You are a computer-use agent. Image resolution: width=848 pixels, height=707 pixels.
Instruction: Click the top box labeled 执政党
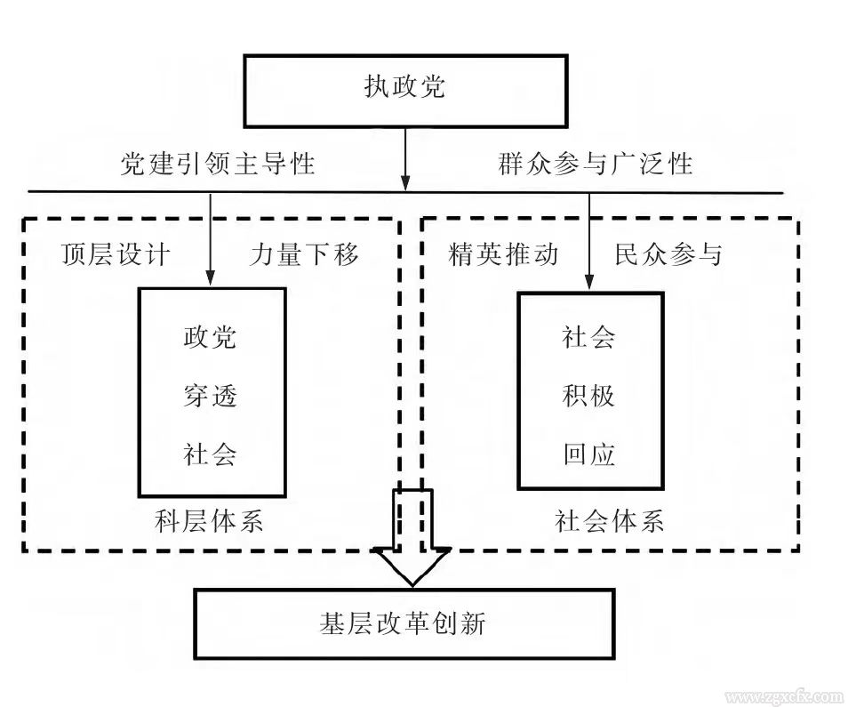click(405, 89)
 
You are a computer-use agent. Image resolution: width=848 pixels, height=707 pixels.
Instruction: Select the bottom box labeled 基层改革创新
click(404, 623)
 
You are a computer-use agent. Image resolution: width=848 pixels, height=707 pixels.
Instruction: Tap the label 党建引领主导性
click(218, 164)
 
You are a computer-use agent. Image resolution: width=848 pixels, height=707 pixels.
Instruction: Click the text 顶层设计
click(115, 255)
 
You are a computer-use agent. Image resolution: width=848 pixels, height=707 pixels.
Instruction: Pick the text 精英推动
click(504, 255)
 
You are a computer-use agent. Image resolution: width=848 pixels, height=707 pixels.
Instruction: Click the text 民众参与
click(668, 255)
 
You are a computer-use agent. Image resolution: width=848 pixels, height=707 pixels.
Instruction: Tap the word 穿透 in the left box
click(211, 396)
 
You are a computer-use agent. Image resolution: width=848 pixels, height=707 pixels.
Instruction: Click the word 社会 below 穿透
click(211, 454)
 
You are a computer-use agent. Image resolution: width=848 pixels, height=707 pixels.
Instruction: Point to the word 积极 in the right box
click(589, 396)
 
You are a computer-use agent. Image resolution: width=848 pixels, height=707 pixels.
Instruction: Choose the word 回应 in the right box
click(589, 455)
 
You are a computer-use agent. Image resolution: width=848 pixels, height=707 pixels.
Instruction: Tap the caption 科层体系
click(209, 520)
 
